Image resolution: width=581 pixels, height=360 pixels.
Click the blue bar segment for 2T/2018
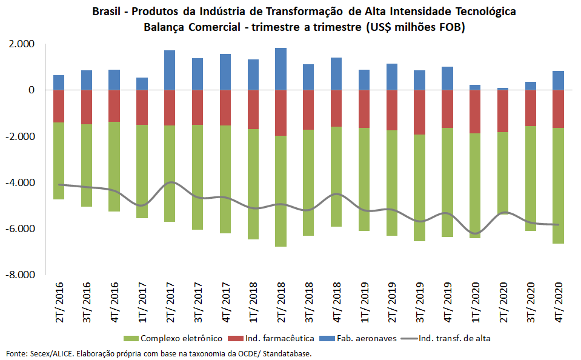[281, 68]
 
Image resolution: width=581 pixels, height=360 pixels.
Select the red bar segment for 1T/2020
[475, 112]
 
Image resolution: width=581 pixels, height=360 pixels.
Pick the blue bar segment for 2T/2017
[170, 70]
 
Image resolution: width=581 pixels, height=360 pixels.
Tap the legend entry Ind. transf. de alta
[449, 338]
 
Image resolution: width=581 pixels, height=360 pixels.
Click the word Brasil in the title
[107, 12]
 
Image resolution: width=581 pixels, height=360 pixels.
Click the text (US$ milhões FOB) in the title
[414, 27]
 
